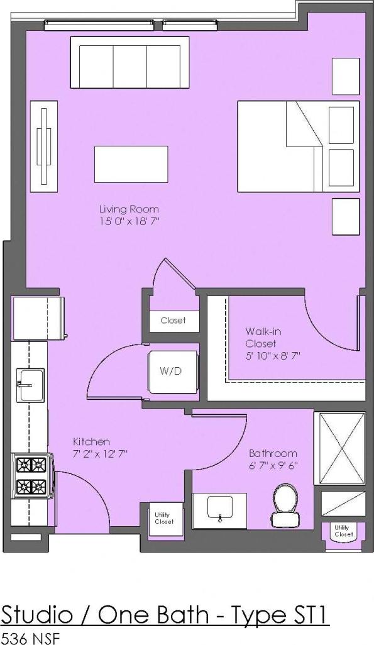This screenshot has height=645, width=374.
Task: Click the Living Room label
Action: pyautogui.click(x=129, y=209)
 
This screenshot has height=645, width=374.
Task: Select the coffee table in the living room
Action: pyautogui.click(x=131, y=164)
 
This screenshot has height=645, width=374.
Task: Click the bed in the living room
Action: pyautogui.click(x=298, y=146)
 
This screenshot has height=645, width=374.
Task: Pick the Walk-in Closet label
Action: pyautogui.click(x=260, y=337)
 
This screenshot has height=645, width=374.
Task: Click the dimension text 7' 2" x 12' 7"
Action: pyautogui.click(x=101, y=453)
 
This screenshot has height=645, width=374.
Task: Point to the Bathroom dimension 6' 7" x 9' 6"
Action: pyautogui.click(x=272, y=466)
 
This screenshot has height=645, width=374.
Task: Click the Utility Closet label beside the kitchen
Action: pyautogui.click(x=163, y=518)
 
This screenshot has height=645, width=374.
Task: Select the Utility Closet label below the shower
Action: pyautogui.click(x=343, y=531)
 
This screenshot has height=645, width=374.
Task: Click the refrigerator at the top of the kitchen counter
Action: pyautogui.click(x=37, y=318)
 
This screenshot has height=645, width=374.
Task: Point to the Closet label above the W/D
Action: pyautogui.click(x=173, y=321)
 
